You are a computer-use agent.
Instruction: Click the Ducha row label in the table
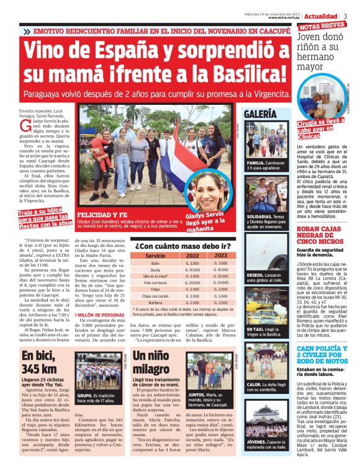pos(155,270)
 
